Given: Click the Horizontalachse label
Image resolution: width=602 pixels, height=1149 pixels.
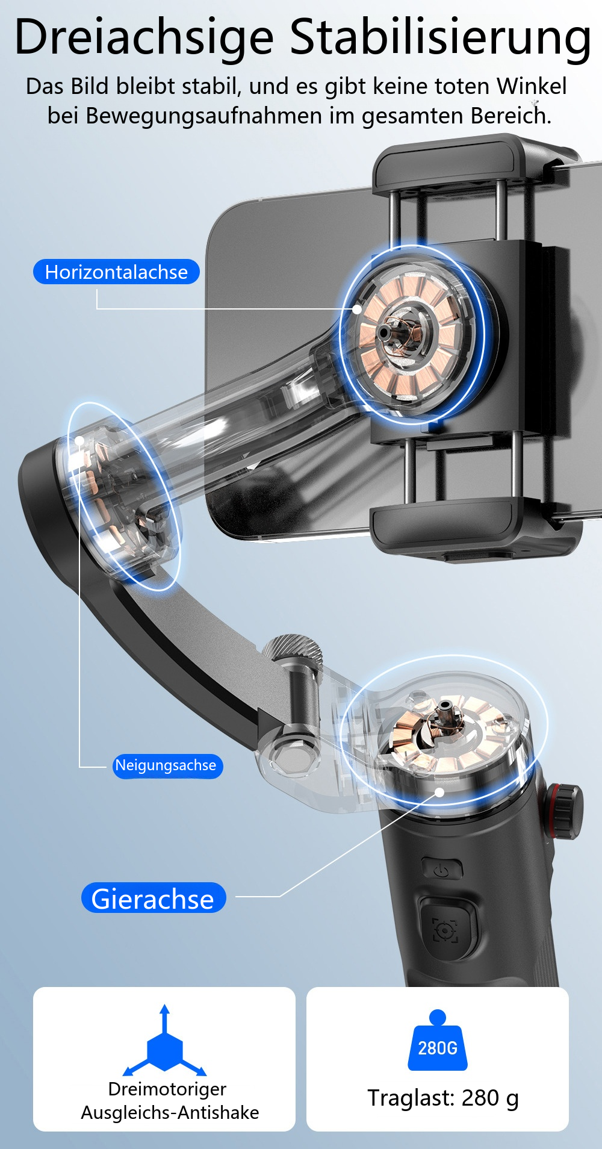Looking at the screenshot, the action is [x=116, y=272].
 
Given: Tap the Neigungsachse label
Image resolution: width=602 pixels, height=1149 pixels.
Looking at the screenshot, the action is [x=167, y=765].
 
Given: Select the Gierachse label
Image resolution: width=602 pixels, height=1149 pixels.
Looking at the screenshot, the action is [x=154, y=898].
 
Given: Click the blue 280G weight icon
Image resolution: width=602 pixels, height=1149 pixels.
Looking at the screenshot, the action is [x=438, y=1040].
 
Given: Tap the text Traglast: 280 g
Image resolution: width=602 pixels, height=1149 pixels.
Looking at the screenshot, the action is [x=443, y=1098].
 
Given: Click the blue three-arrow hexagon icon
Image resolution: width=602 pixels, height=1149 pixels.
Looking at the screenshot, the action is [x=165, y=1041].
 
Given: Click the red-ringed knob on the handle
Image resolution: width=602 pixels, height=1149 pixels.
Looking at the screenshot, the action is [x=564, y=811].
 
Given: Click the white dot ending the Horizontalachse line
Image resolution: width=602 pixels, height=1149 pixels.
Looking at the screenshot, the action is [x=357, y=309].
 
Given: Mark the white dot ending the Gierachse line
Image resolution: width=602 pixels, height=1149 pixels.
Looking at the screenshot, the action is [x=439, y=792].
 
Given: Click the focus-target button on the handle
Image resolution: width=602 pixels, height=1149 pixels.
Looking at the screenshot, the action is [x=446, y=929].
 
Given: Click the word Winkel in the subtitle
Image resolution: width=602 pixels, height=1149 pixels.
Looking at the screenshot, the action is [x=532, y=86].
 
